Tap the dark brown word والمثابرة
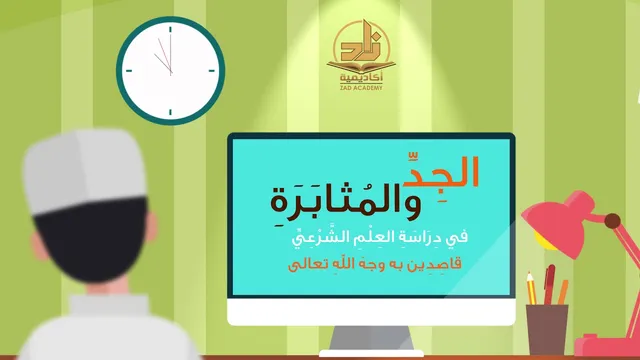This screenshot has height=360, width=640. pos(345,202)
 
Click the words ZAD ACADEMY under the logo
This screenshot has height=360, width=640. pos(361,87)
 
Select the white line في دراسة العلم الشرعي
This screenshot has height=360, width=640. pos(380,237)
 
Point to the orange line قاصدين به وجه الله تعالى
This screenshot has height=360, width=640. pos(375,264)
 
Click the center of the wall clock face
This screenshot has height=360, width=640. pos(171,71)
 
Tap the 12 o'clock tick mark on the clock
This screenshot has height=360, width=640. pos(170,30)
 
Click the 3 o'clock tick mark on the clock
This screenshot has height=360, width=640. pos(211,71)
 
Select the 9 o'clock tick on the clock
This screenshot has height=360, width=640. pos(129,71)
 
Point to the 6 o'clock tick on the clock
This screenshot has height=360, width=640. pos(170,112)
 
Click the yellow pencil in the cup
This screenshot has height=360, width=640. pos(531,289)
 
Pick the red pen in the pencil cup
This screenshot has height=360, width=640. pos(549,284)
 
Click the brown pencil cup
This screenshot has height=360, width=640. pos(547,330)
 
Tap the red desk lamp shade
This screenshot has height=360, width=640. pos(559,220)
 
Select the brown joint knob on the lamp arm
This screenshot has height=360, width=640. pos(612,221)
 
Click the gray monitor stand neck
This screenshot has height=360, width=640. pos(371,338)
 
